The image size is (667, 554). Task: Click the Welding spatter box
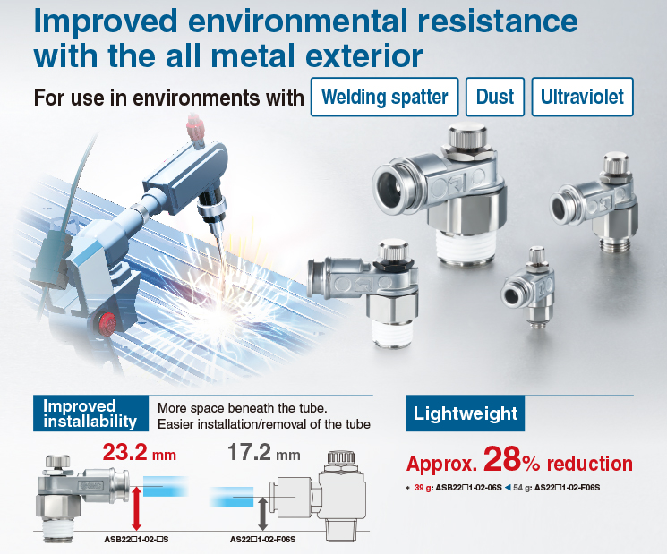(x=385, y=97)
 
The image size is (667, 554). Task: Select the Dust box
(x=495, y=97)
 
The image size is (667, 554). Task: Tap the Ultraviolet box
(x=582, y=97)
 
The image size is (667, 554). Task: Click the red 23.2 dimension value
(x=124, y=452)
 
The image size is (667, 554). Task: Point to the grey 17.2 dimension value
(x=249, y=452)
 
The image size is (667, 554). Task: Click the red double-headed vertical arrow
(x=137, y=508)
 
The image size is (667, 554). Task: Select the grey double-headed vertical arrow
(x=263, y=514)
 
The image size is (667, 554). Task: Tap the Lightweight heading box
(x=465, y=413)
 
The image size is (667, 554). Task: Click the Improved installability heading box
(x=90, y=413)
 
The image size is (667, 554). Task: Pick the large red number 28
(x=502, y=459)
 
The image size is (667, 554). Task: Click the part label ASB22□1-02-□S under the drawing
(x=136, y=540)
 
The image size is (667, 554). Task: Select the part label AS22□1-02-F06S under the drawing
(x=262, y=540)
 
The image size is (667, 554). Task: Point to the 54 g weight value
(x=519, y=488)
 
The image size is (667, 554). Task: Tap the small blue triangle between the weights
(x=508, y=488)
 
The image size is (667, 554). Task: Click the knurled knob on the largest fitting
(x=467, y=134)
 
